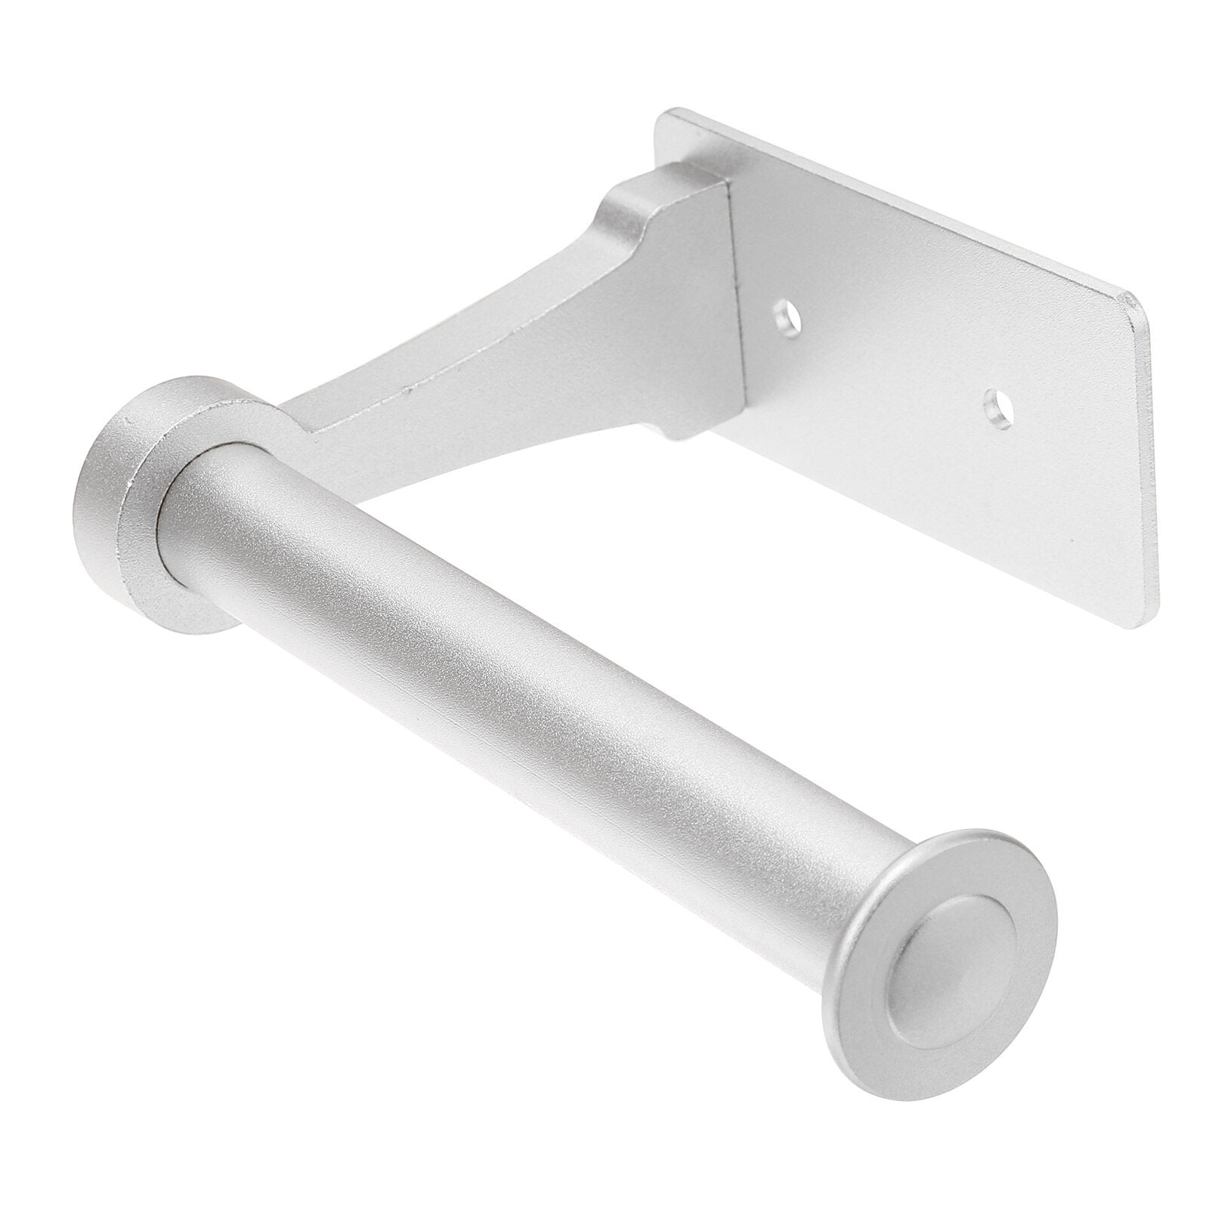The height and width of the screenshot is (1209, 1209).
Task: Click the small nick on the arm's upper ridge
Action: click(408, 391)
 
